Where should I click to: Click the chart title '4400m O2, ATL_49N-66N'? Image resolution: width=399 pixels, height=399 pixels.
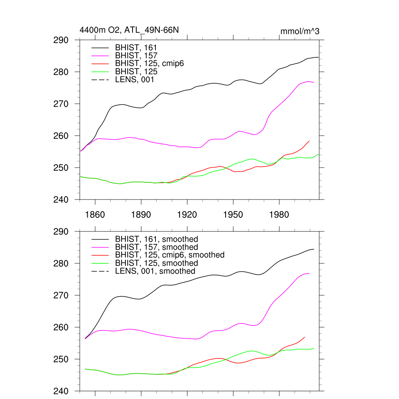click(129, 30)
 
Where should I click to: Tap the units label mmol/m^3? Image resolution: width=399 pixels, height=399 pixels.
click(300, 31)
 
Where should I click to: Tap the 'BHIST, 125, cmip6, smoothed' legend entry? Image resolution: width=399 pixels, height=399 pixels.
click(170, 255)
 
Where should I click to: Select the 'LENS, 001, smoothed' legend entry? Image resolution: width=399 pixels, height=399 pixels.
click(155, 271)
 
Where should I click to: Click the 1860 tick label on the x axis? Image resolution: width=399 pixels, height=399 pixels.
click(95, 215)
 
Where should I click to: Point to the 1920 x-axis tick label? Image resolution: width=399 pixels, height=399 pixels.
click(187, 215)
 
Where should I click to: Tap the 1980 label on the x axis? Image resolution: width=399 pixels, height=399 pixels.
click(279, 215)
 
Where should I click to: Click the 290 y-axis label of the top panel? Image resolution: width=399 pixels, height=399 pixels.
click(61, 40)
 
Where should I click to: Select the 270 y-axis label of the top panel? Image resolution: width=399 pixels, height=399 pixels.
click(61, 104)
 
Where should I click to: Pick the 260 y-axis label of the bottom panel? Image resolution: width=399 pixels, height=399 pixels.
click(61, 327)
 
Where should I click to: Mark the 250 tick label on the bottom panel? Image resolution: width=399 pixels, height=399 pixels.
click(61, 359)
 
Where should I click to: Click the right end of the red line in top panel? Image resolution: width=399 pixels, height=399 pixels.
click(309, 141)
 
